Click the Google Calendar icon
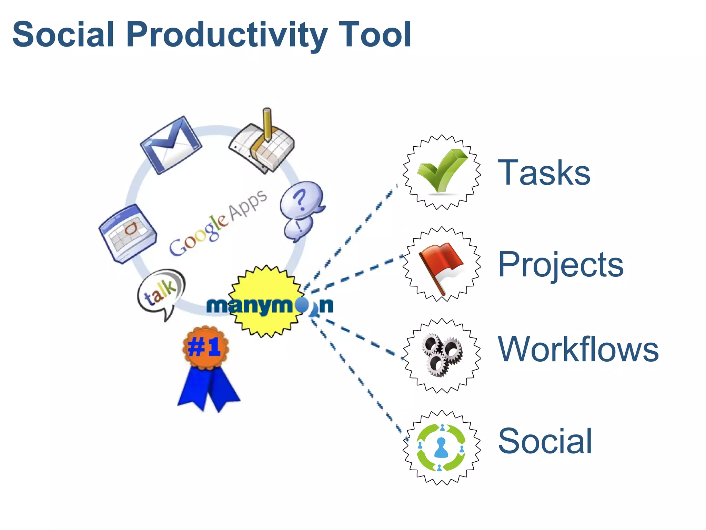pyautogui.click(x=128, y=234)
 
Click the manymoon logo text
pyautogui.click(x=269, y=305)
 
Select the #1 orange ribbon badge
pyautogui.click(x=205, y=347)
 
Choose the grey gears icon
pyautogui.click(x=442, y=355)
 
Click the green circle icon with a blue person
pyautogui.click(x=441, y=448)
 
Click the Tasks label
pyautogui.click(x=544, y=173)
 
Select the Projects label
pyautogui.click(x=561, y=265)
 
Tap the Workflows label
pyautogui.click(x=578, y=349)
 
